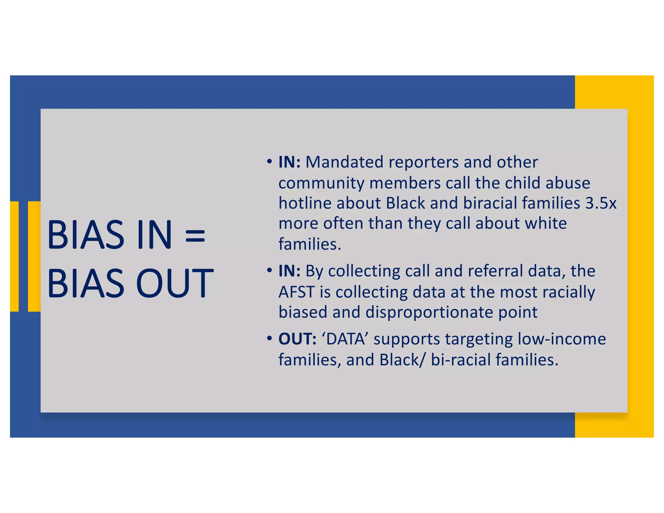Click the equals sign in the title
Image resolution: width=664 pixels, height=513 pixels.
[x=195, y=235]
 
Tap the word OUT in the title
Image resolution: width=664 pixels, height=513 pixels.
[x=175, y=283]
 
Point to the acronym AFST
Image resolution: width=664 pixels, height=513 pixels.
[x=296, y=292]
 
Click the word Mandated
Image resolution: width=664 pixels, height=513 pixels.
[x=344, y=162]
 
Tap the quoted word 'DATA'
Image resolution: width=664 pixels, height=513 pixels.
[x=345, y=339]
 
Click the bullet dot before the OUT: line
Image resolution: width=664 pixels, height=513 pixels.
[x=269, y=339]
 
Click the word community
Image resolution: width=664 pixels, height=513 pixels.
[x=321, y=183]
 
